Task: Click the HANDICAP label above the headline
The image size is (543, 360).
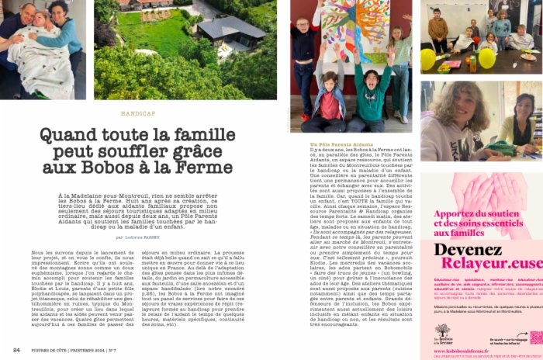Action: point(137,113)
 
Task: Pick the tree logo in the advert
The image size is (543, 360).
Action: point(443,331)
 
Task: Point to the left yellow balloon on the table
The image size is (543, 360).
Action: point(428,59)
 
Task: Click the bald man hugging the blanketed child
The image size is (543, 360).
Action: point(11,27)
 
